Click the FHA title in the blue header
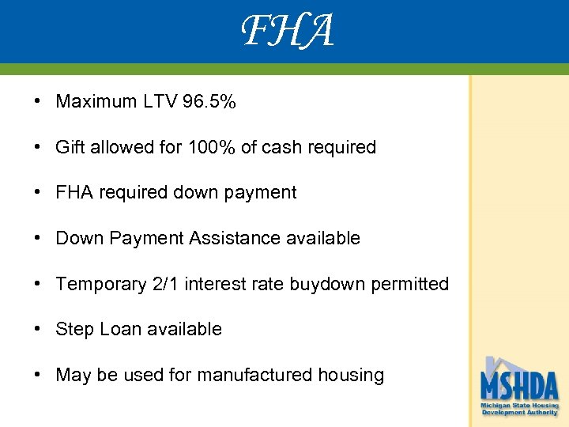(287, 32)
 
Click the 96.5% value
(209, 102)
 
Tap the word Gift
(69, 147)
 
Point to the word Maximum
(92, 102)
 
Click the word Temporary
(100, 284)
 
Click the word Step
(74, 329)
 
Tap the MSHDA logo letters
(519, 386)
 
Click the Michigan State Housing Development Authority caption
(519, 409)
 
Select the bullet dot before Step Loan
(37, 329)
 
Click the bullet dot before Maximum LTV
(37, 102)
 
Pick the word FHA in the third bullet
(74, 193)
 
